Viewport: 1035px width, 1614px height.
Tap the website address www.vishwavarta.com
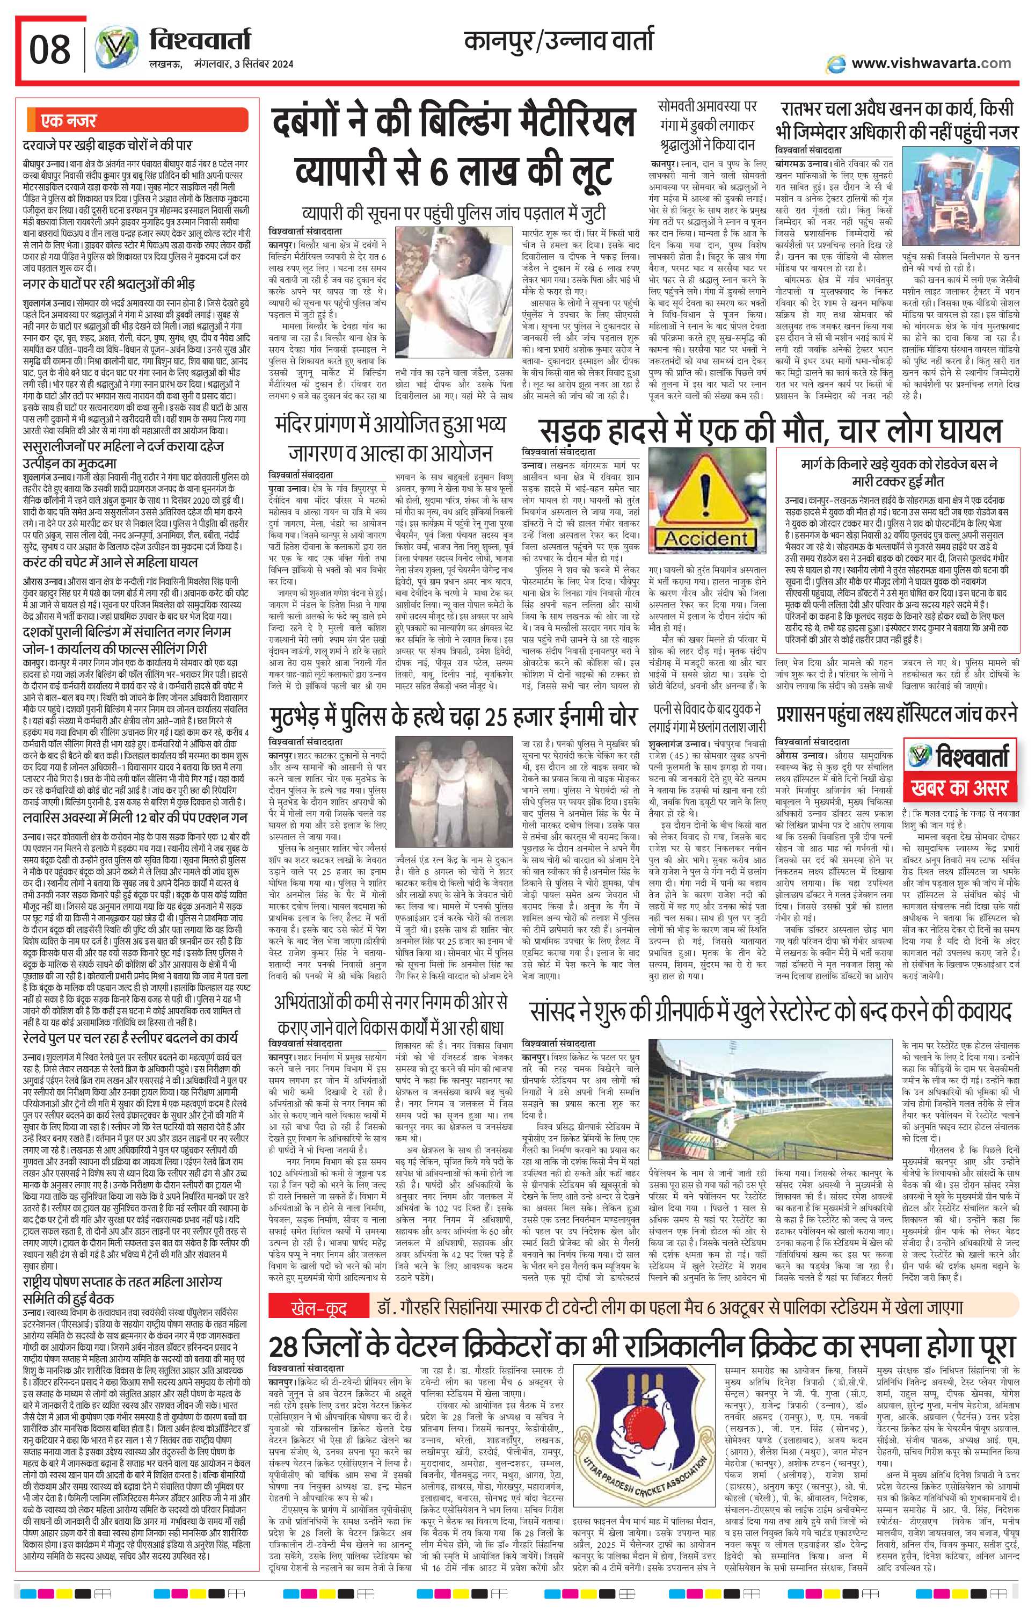[x=930, y=63]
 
